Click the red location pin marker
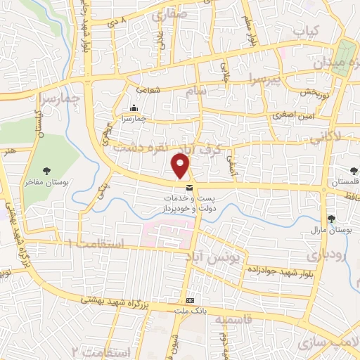click(x=181, y=167)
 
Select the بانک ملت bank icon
click(x=189, y=300)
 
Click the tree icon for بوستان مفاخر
click(x=47, y=170)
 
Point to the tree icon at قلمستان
click(x=354, y=171)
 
